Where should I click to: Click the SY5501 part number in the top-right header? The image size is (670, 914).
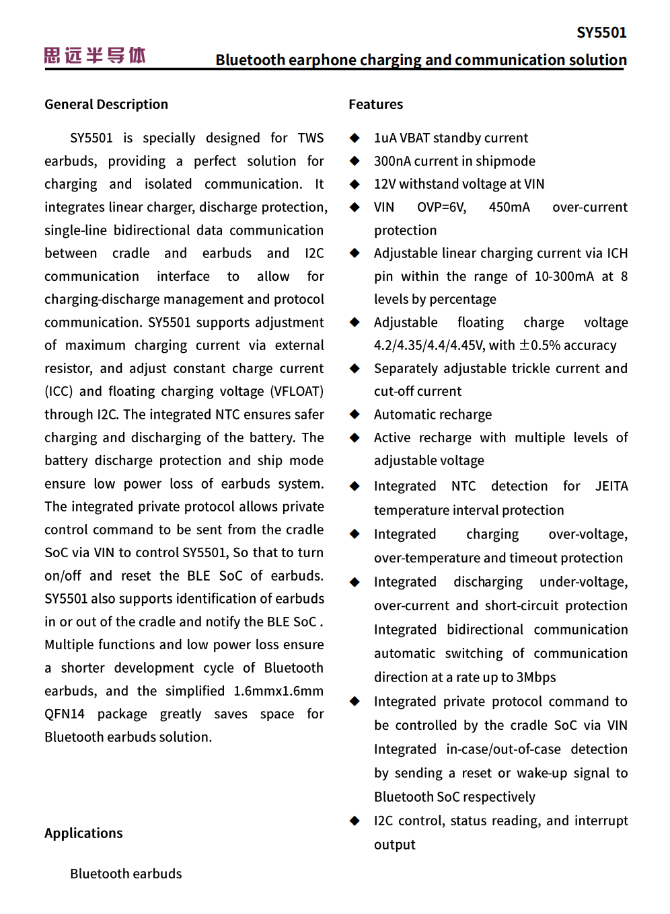[601, 32]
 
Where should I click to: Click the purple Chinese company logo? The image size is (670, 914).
[95, 56]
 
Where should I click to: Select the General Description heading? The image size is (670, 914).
[106, 104]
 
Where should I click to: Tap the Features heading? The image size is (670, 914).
[375, 104]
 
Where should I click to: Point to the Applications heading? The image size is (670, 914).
[83, 833]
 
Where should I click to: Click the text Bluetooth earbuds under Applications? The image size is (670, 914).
[126, 874]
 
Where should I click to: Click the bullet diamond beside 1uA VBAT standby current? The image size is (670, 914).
[355, 138]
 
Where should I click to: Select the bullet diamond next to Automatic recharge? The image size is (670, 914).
[355, 415]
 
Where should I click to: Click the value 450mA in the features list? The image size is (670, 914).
[509, 207]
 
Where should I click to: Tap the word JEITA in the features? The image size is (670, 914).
[611, 486]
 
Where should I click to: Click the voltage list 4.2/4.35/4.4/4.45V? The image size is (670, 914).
[429, 345]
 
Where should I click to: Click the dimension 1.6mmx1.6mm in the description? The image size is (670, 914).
[278, 691]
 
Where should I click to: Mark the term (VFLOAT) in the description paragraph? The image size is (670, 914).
[297, 391]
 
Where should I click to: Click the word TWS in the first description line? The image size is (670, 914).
[310, 138]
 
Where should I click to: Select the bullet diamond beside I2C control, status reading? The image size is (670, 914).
[355, 821]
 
